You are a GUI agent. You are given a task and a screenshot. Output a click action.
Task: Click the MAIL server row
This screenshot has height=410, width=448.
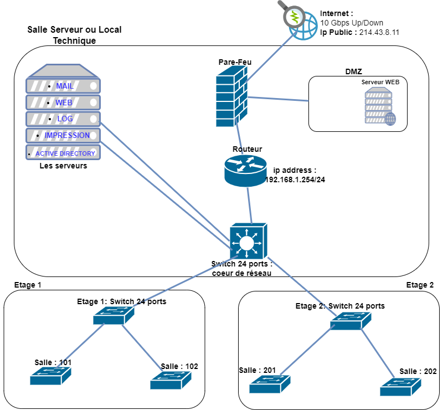(63, 86)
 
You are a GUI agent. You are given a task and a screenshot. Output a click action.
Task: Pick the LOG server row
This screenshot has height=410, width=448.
(63, 119)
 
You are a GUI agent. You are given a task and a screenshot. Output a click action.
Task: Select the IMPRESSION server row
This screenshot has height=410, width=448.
(63, 135)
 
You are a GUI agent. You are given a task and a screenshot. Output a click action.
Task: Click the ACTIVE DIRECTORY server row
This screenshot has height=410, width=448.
(63, 153)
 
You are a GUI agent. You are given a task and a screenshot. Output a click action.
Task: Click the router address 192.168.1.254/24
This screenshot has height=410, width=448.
(295, 179)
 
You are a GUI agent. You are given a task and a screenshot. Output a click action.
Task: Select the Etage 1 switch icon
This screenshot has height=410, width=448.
(114, 316)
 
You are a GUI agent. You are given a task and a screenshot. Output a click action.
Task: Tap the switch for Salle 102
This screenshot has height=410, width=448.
(171, 380)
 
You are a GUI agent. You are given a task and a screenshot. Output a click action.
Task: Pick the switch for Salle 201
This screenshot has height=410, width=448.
(269, 383)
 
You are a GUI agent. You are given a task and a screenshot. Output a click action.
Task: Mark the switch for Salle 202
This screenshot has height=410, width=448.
(400, 387)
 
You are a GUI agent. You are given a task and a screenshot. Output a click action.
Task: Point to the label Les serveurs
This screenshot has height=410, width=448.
(63, 165)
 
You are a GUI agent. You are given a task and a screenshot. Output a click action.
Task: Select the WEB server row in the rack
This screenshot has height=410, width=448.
(63, 102)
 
